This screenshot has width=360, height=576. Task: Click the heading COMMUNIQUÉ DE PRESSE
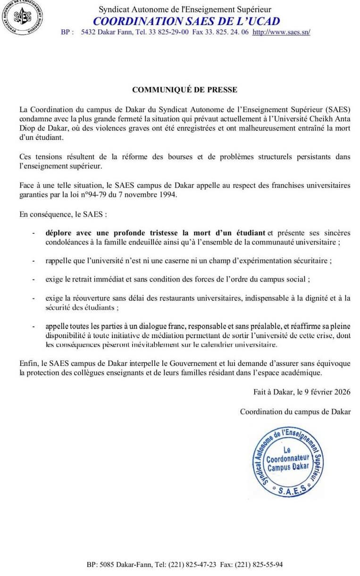(x=184, y=90)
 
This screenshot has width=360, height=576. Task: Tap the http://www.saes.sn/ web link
(x=281, y=32)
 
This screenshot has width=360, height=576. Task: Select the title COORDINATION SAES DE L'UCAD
(x=186, y=21)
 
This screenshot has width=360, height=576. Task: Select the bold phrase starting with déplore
(x=155, y=233)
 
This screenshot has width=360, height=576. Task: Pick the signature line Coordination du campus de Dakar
(x=295, y=412)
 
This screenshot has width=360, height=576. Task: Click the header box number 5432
(x=89, y=32)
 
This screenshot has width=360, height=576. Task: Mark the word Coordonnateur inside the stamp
(x=287, y=458)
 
